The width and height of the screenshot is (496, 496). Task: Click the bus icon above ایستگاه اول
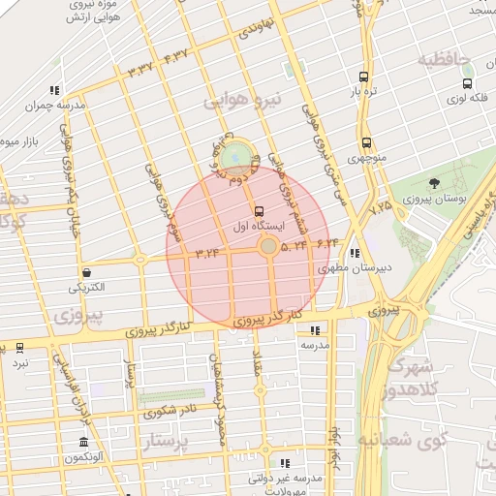258,211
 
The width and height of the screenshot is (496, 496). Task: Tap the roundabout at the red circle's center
268,247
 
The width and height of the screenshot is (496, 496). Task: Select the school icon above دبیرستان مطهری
355,253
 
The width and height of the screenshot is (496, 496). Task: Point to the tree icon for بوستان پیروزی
433,183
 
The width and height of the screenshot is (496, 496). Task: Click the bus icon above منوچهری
365,142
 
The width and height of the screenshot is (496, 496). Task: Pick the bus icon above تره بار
363,77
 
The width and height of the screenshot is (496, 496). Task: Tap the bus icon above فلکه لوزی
455,83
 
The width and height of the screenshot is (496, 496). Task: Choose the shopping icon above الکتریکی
88,273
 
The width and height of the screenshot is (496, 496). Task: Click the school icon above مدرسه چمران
55,90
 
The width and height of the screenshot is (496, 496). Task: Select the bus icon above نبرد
20,347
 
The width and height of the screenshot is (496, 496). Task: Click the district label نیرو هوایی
241,101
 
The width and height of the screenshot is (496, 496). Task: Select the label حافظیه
444,60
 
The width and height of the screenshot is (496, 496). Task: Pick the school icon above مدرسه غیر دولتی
285,463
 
